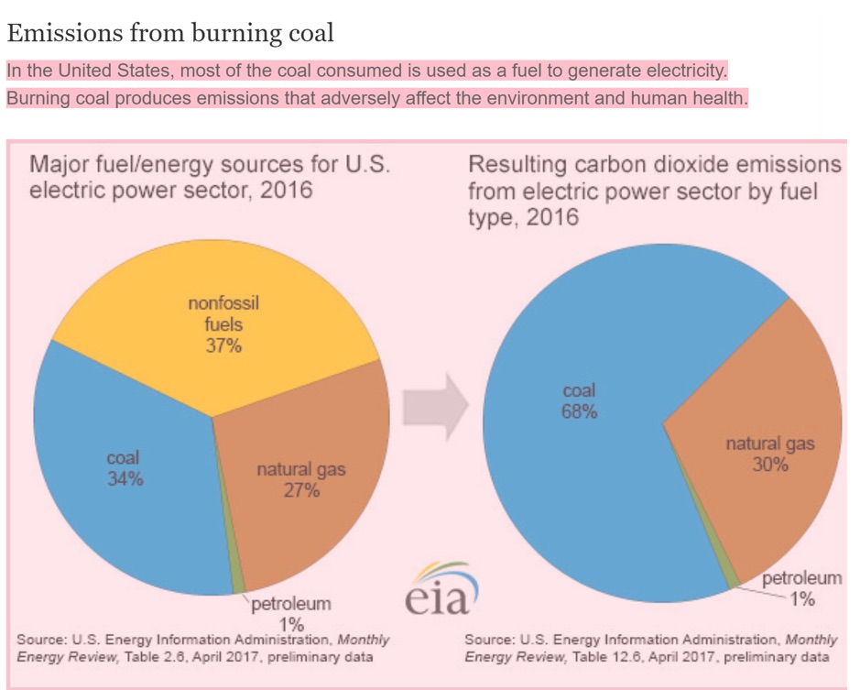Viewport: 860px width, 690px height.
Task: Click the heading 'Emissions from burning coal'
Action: click(170, 34)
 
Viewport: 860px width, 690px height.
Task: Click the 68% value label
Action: click(579, 412)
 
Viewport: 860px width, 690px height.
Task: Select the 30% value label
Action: click(770, 465)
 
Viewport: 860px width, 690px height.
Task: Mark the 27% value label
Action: click(301, 491)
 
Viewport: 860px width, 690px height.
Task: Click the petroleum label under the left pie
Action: click(291, 605)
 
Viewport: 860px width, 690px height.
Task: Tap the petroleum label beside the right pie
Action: click(801, 578)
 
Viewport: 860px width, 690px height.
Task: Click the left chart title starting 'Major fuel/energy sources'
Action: click(210, 177)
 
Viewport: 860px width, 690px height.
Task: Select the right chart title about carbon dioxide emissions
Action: click(654, 191)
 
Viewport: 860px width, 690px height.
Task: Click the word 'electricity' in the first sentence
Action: click(680, 71)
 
